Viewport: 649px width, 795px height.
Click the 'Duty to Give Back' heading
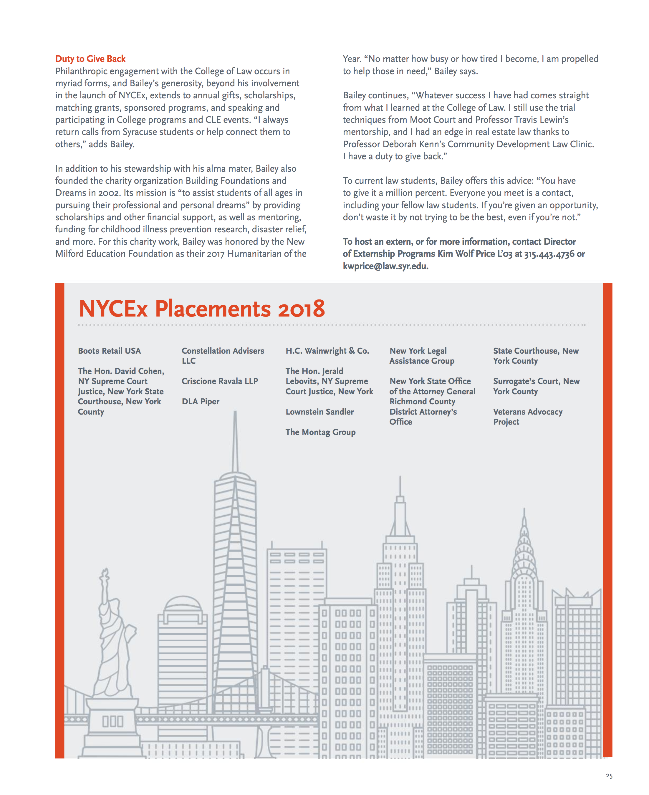pyautogui.click(x=90, y=59)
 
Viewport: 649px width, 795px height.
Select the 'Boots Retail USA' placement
pyautogui.click(x=109, y=351)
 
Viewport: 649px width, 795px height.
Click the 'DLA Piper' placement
pyautogui.click(x=200, y=401)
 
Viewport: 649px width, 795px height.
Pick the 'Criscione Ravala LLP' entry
pyautogui.click(x=220, y=381)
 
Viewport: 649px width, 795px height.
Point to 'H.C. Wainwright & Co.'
pyautogui.click(x=327, y=351)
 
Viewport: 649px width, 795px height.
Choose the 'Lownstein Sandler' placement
pyautogui.click(x=319, y=412)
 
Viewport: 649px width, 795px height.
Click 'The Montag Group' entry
pyautogui.click(x=320, y=432)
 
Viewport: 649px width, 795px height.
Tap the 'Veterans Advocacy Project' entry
pyautogui.click(x=527, y=416)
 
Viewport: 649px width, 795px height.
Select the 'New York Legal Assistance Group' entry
pyautogui.click(x=422, y=355)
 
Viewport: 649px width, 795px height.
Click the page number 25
pyautogui.click(x=609, y=776)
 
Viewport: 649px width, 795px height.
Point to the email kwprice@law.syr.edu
pyautogui.click(x=385, y=266)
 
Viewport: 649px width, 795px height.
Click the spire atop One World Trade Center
pyautogui.click(x=235, y=441)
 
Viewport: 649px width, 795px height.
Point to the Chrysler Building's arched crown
pyautogui.click(x=524, y=549)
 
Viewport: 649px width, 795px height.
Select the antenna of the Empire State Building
pyautogui.click(x=400, y=486)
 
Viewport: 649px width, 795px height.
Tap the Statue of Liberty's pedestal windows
pyautogui.click(x=113, y=721)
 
